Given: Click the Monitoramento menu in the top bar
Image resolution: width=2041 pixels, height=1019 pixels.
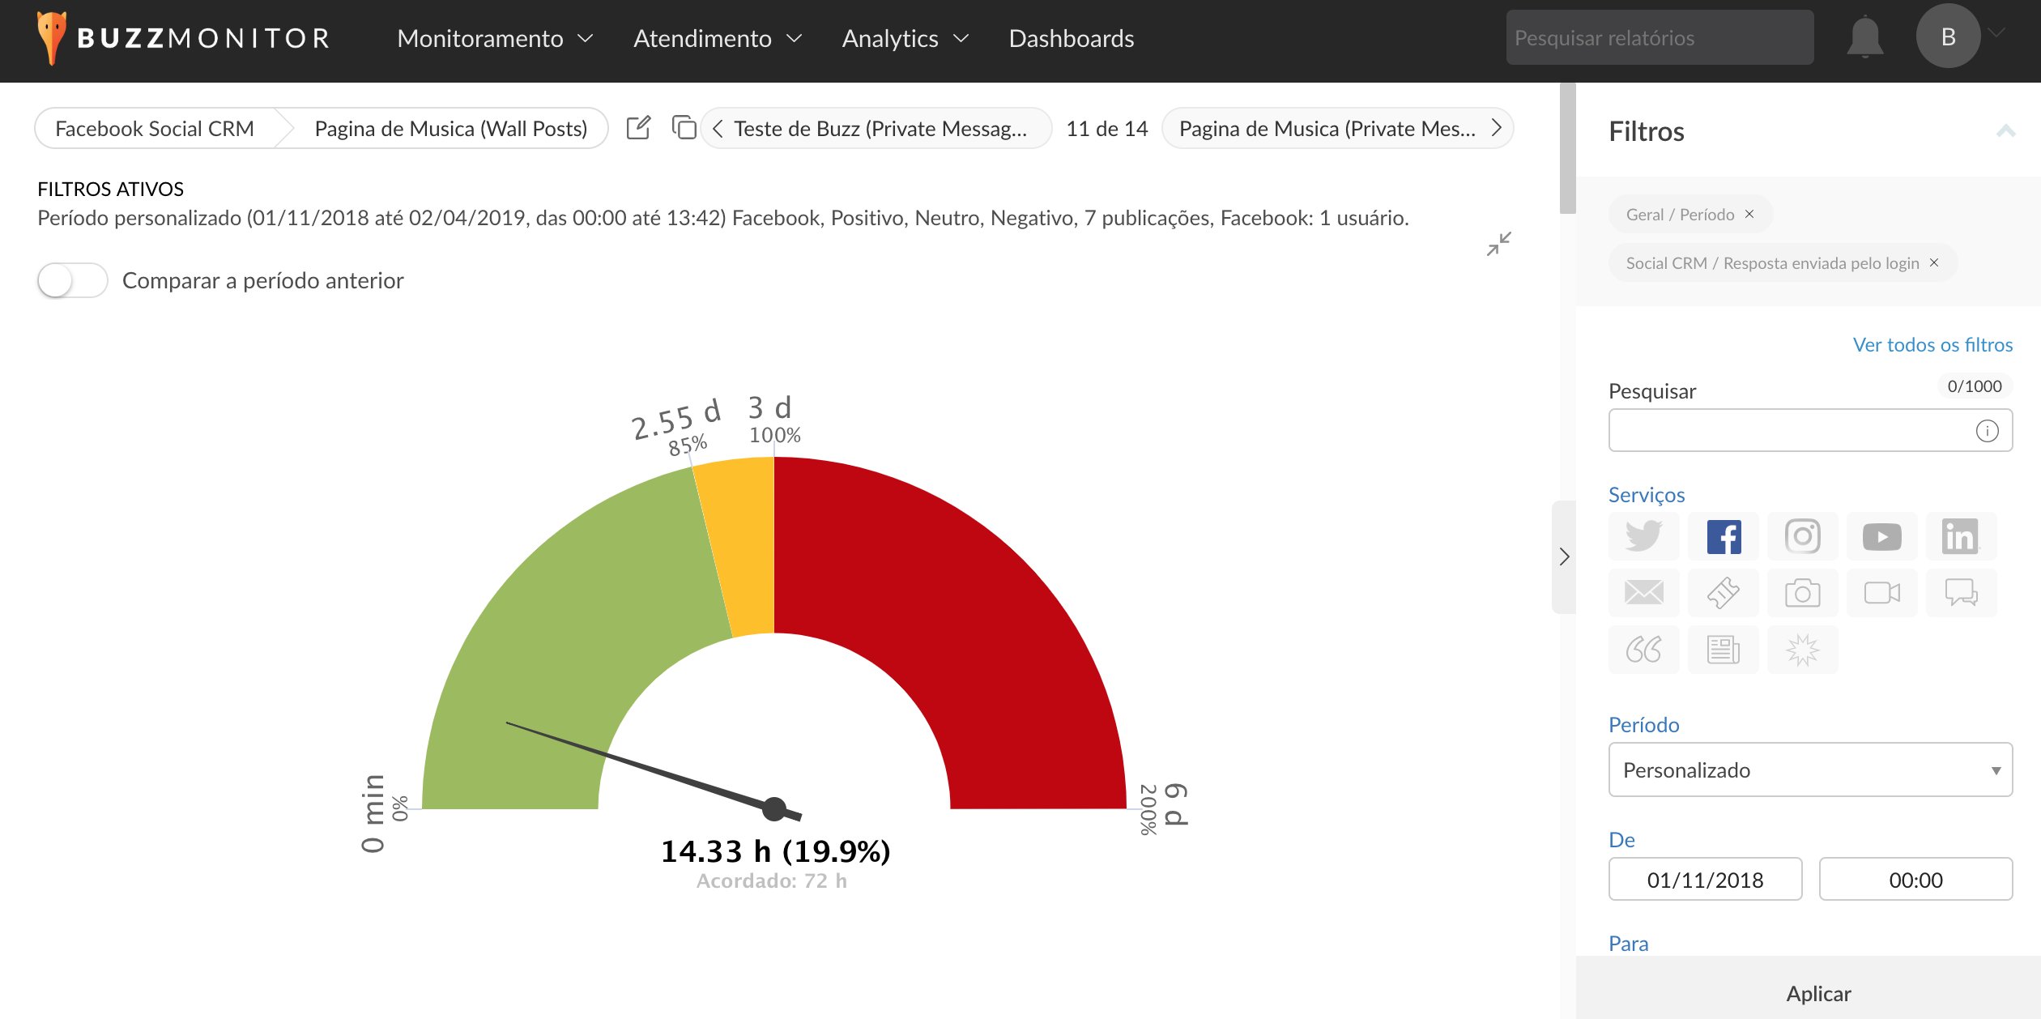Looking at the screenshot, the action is coord(495,38).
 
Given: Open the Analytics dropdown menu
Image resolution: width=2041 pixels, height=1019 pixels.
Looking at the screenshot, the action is coord(905,38).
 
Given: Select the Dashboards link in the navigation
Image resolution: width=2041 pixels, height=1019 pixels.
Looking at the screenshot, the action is coord(1071,38).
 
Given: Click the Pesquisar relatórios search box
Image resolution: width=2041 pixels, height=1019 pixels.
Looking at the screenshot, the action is coord(1660,37).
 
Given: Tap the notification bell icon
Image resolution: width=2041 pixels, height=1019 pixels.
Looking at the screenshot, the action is coord(1864,37).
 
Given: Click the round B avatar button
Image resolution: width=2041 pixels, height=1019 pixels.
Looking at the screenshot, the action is coord(1948,36).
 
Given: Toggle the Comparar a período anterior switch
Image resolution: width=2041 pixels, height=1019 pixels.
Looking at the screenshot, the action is coord(72,280).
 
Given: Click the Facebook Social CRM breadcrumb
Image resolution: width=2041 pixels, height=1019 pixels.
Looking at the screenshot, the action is coord(154,129).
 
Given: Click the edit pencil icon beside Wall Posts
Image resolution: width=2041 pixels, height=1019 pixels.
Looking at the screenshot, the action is coord(638,128).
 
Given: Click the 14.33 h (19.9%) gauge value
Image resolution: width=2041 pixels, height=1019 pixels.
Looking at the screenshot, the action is coord(775,851).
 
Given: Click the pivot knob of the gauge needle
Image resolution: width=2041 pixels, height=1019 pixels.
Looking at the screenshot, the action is coord(774,808).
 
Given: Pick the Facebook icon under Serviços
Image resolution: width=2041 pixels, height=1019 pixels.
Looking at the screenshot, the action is coord(1724,536).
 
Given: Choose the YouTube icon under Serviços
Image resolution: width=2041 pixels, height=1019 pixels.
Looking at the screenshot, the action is coord(1881,536).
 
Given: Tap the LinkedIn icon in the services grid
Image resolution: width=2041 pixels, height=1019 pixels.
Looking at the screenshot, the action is coord(1961,536).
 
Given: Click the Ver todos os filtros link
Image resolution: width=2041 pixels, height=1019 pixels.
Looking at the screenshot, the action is coord(1932,344).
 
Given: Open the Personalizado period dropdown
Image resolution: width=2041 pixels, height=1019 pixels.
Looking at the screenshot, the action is coord(1810,770).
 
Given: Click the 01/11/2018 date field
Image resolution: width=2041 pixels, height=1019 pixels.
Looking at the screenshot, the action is coord(1705,880).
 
